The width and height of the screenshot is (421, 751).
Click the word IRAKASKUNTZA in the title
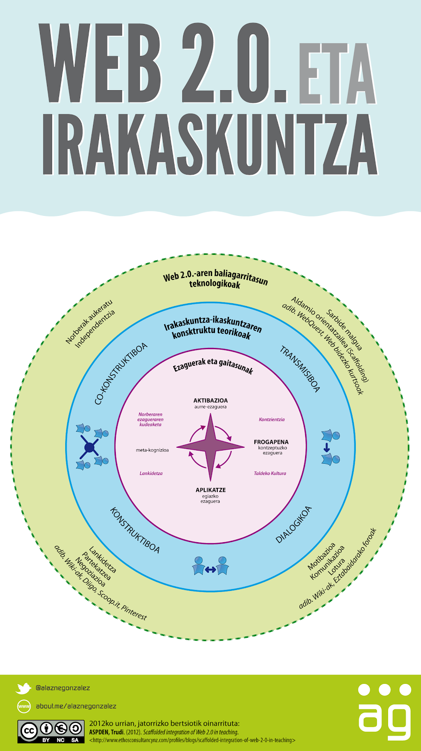[210, 144]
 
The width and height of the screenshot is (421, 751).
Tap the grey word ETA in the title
[337, 74]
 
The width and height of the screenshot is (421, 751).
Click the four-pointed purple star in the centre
[211, 446]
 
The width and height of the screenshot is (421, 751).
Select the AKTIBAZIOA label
[211, 401]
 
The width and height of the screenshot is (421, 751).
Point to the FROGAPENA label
[271, 442]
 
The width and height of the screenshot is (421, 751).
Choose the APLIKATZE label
[211, 490]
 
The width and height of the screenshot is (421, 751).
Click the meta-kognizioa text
[152, 450]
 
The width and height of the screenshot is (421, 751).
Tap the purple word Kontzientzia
[272, 420]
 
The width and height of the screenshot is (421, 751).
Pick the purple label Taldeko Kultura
[270, 473]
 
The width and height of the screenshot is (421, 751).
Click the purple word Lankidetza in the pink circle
[151, 473]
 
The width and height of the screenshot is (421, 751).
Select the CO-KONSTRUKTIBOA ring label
[121, 373]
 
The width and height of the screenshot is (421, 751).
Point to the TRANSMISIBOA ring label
[300, 369]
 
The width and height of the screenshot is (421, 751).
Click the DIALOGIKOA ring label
[294, 524]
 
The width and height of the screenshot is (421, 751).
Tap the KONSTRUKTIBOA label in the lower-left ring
[135, 530]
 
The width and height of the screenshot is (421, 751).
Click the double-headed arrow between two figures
[210, 570]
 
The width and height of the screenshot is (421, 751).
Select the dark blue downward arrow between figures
[327, 448]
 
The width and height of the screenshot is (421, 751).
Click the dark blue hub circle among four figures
[89, 447]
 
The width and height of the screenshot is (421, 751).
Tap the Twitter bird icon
[23, 688]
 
